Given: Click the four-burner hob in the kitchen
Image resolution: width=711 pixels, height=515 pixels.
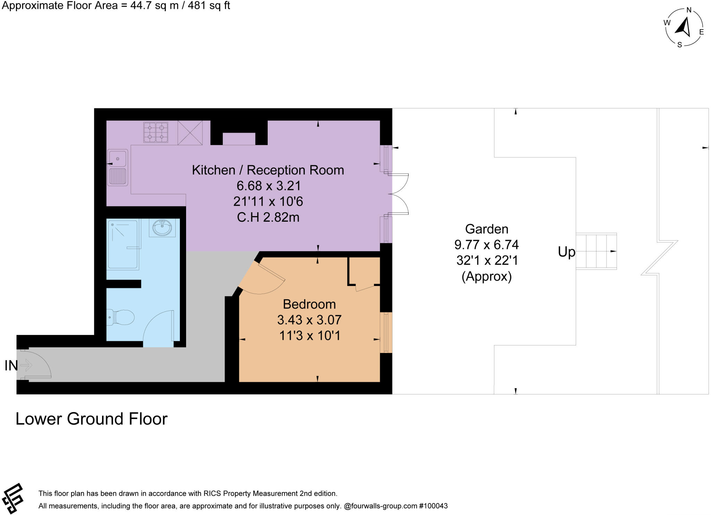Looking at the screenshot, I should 156,132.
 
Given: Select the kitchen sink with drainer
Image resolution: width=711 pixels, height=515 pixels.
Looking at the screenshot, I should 118,167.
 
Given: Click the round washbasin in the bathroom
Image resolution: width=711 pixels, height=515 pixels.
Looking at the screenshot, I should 162,228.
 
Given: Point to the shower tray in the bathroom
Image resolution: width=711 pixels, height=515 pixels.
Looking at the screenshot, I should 123,245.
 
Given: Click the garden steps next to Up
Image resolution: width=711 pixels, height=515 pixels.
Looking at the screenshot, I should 596,251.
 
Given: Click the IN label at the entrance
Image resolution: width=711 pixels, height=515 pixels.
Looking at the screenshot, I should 11,365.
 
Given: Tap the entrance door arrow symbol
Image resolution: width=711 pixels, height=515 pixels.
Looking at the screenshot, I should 26,365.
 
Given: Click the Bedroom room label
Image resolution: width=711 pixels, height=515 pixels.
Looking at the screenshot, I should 309,304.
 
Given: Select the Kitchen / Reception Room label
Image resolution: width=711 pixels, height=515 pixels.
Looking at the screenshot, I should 268,170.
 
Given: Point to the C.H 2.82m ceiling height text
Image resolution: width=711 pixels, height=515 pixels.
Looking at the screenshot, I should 268,217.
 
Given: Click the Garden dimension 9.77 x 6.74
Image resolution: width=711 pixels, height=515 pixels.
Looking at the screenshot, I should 486,245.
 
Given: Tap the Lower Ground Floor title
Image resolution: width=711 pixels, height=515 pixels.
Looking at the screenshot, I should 91,419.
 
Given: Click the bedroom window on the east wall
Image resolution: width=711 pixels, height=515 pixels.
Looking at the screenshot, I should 386,333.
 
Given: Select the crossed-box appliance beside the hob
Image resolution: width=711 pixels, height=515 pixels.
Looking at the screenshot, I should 190,132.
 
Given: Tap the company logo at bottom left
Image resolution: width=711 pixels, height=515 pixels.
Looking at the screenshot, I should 12,498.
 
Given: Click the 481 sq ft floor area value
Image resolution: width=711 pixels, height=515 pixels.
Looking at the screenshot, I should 209,6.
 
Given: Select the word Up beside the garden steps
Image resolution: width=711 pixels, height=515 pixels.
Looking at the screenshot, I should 566,252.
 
